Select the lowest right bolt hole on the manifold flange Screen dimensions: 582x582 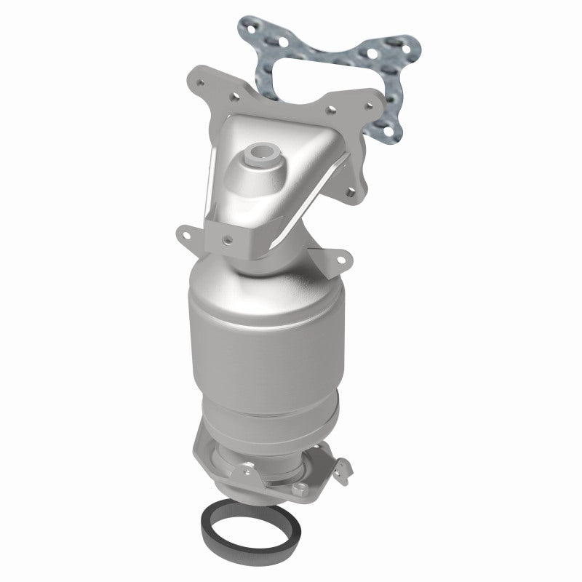point(354,172)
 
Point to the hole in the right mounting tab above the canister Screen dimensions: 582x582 point(338,258)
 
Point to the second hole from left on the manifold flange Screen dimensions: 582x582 point(231,95)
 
